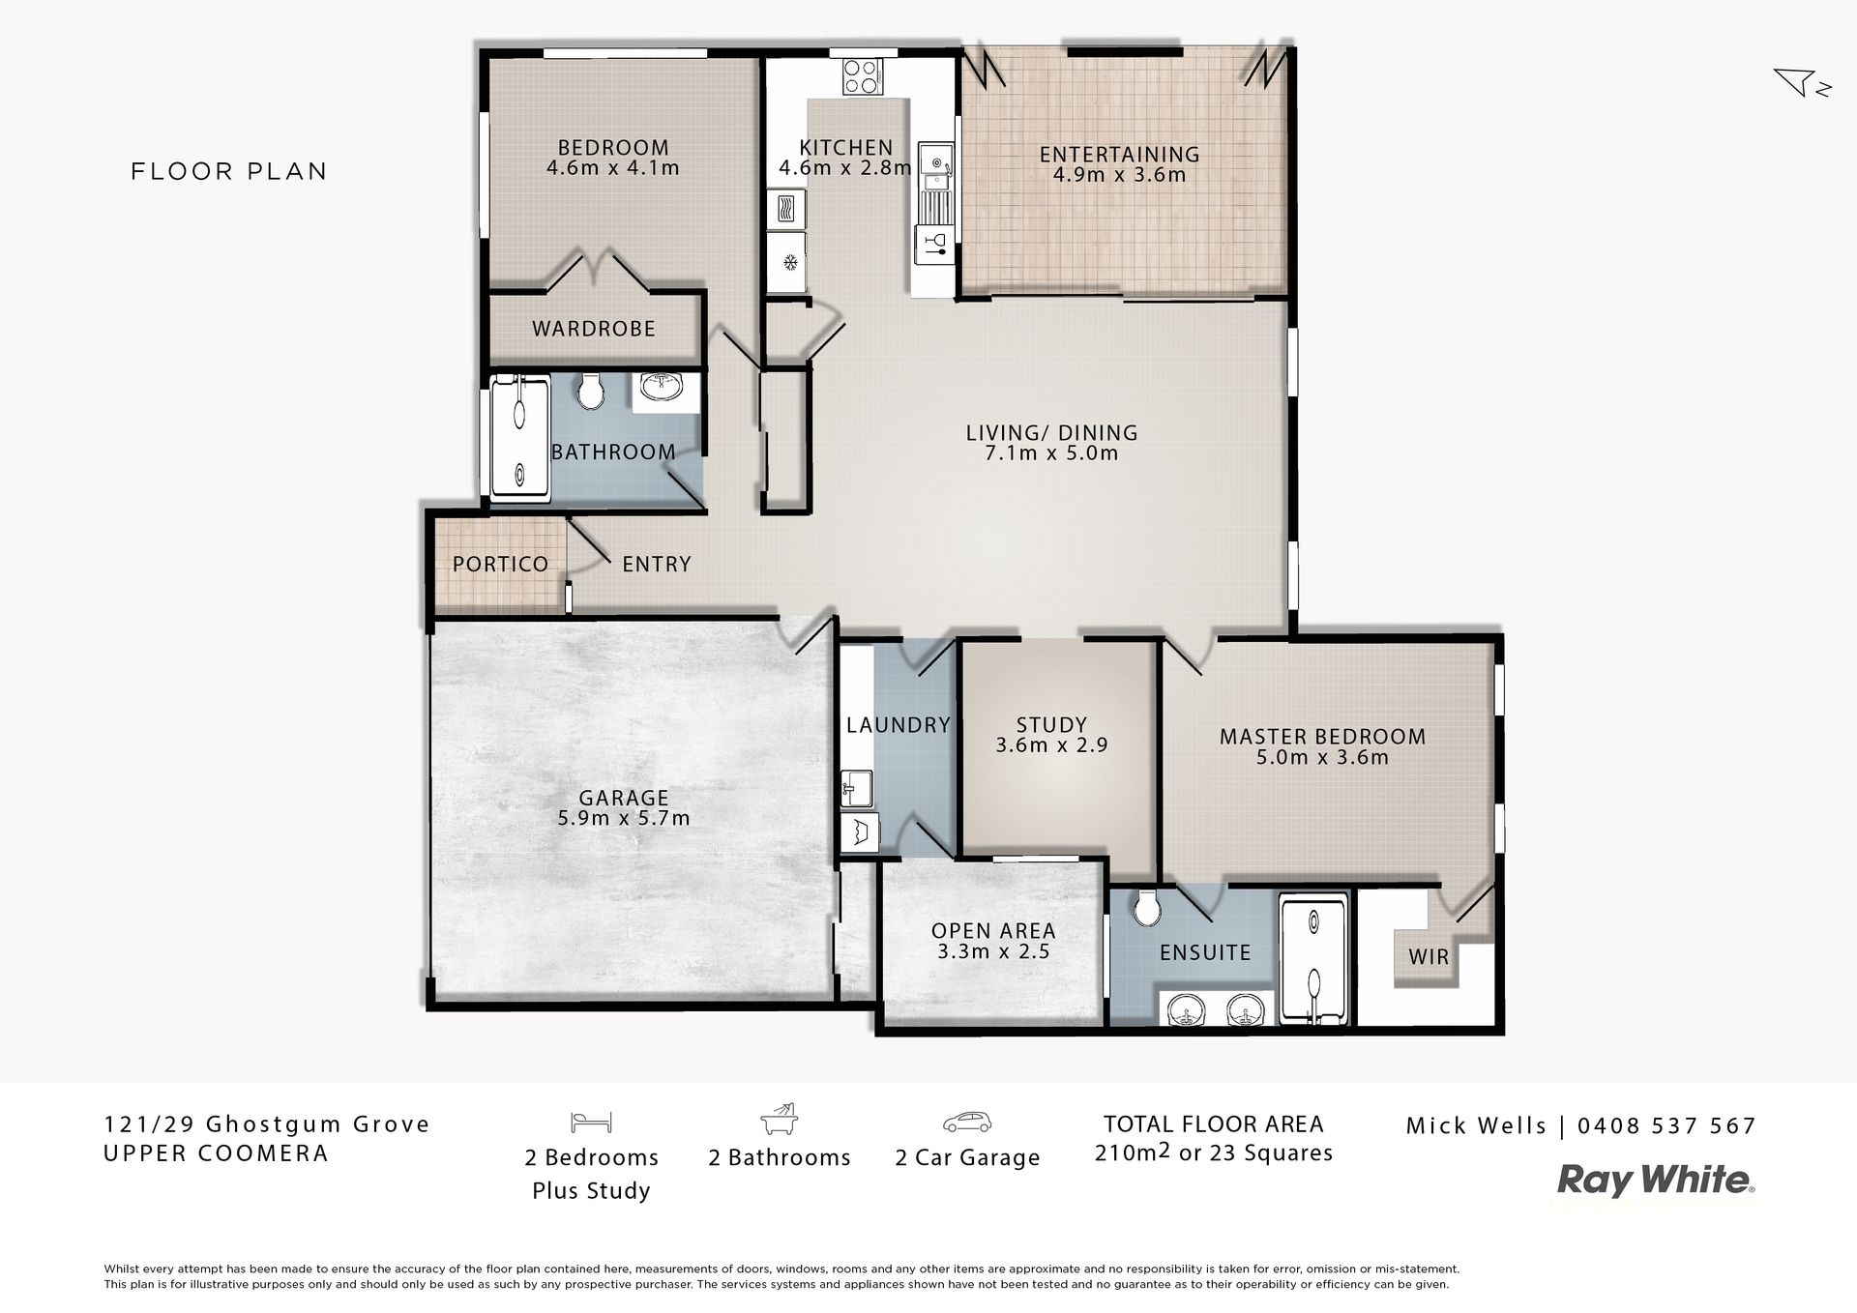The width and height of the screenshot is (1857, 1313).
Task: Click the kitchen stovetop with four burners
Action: [862, 76]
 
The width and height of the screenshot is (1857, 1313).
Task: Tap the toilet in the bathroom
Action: [590, 391]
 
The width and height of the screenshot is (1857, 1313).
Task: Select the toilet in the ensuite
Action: [1148, 906]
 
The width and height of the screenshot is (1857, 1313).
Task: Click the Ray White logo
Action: [1656, 1181]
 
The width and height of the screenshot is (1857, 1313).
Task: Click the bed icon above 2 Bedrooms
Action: [591, 1122]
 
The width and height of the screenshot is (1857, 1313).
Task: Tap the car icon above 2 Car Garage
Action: [967, 1123]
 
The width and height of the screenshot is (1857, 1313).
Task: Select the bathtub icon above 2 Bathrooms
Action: [780, 1119]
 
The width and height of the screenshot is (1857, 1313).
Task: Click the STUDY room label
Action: [1051, 724]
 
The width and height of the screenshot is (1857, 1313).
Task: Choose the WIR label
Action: [1429, 957]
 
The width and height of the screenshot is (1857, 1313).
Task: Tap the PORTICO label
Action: [500, 564]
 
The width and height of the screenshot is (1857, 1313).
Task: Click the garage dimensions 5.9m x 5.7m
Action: [624, 818]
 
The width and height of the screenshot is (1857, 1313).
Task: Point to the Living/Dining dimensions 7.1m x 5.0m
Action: [1051, 452]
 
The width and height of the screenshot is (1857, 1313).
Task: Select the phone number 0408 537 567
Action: [1666, 1125]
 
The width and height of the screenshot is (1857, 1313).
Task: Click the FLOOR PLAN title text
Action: [229, 171]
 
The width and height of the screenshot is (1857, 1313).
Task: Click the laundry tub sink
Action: [857, 788]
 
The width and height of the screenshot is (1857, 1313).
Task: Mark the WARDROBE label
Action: [594, 329]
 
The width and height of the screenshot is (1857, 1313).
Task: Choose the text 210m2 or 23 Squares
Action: [1214, 1153]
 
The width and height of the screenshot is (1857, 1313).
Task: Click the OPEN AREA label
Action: [993, 931]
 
